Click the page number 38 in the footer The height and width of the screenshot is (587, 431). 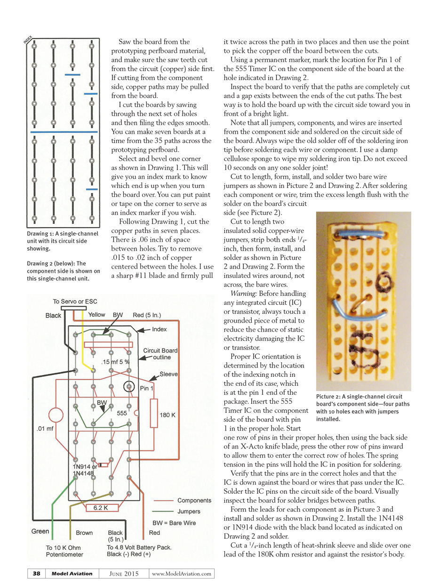click(36, 573)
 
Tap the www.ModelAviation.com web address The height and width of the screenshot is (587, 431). click(181, 573)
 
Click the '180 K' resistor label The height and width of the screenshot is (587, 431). click(168, 415)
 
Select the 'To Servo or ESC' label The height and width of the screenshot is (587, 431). click(75, 301)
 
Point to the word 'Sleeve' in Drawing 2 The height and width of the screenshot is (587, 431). click(168, 374)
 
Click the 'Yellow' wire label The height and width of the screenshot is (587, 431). click(96, 315)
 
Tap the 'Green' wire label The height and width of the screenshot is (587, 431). click(40, 531)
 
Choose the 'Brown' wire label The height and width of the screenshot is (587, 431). click(84, 533)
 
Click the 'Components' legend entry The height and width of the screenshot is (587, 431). click(194, 500)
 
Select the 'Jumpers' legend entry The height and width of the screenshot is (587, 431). click(189, 511)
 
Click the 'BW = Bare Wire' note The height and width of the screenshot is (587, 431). click(175, 523)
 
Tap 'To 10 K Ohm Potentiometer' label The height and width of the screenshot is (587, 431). click(64, 551)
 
